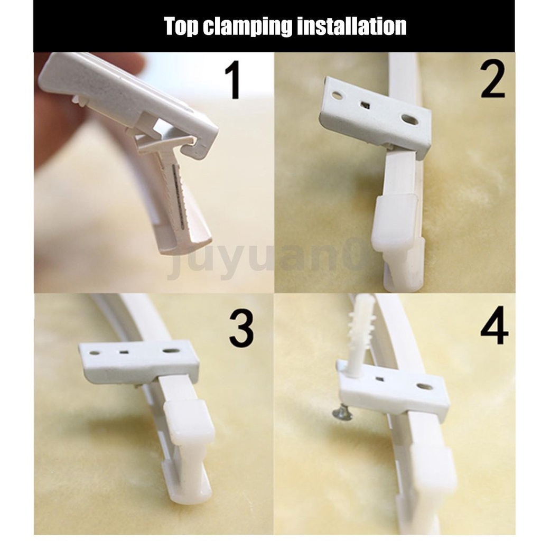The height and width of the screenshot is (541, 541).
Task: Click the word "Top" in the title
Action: [181, 26]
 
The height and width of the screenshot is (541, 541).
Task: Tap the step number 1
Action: [234, 80]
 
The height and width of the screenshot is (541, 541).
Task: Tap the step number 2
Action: [493, 78]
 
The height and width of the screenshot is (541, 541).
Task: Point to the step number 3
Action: [241, 329]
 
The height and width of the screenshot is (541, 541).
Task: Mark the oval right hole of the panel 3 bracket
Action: [170, 351]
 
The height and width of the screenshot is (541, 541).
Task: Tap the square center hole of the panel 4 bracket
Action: [380, 380]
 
